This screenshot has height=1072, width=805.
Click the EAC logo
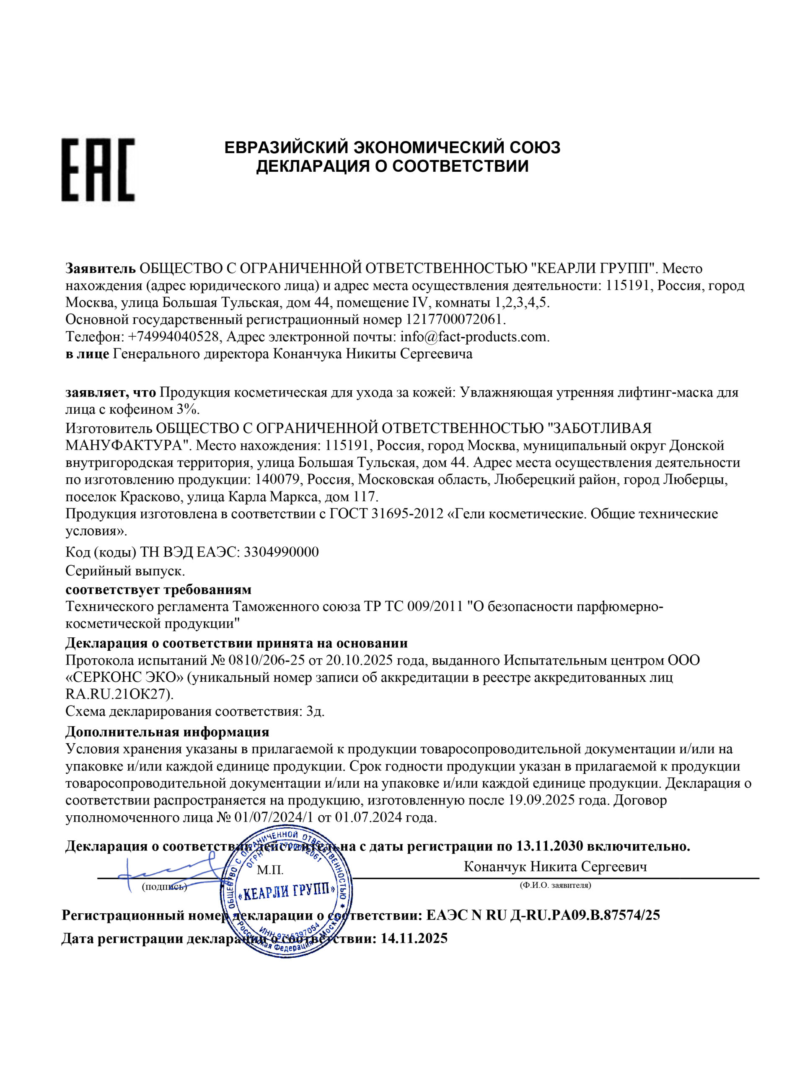point(98,170)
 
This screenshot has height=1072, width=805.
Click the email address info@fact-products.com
point(474,336)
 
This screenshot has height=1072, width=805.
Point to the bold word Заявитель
point(101,268)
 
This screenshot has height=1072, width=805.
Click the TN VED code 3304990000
point(281,552)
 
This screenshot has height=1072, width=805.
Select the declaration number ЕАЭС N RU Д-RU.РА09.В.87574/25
point(543,915)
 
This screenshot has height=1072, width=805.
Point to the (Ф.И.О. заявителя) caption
point(555,885)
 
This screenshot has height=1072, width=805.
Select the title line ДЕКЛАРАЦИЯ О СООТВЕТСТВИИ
point(392,166)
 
